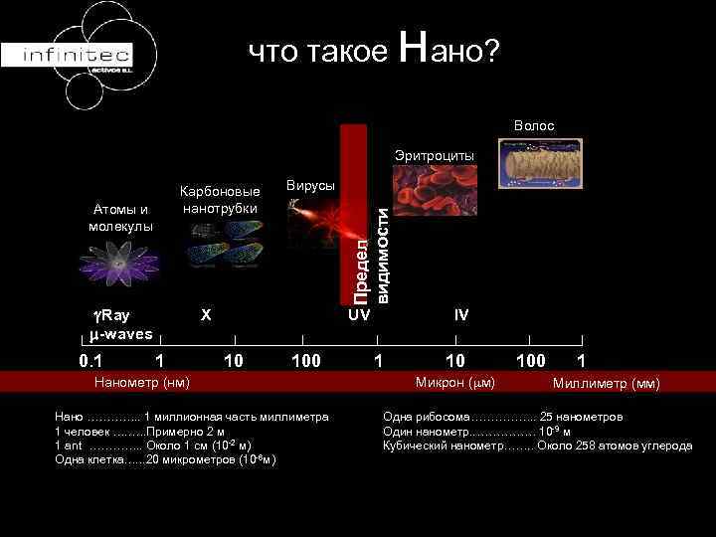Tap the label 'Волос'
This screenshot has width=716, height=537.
534,126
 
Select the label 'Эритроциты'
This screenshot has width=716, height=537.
435,156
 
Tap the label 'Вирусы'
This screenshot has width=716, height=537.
310,186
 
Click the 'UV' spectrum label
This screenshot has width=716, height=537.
358,315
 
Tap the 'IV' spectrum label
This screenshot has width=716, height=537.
461,315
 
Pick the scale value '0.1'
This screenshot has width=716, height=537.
91,359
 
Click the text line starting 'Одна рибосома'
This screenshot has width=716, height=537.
503,417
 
